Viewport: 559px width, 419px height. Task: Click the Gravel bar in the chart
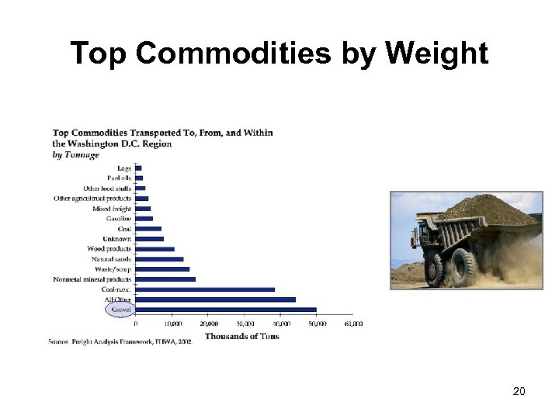pos(226,310)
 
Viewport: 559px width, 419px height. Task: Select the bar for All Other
pos(215,300)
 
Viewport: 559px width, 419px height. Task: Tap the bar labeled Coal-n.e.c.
pos(205,289)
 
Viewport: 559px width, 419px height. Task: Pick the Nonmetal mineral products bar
pos(165,279)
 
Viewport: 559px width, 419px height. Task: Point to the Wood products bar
pos(155,249)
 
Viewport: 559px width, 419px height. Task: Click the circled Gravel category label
pos(120,310)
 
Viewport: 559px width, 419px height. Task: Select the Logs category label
pos(124,168)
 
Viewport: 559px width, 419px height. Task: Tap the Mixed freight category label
pos(112,209)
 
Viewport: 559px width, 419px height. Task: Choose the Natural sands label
pos(111,259)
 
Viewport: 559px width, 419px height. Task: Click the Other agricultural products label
pos(92,199)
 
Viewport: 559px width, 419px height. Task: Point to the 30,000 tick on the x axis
pos(245,324)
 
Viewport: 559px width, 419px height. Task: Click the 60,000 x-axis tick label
pos(353,324)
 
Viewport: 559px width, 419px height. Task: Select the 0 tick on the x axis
pos(137,324)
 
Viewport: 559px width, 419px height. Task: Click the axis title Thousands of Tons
pos(241,336)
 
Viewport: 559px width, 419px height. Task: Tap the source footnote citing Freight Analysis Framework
pos(120,341)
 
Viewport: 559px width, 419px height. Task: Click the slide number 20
pos(519,391)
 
